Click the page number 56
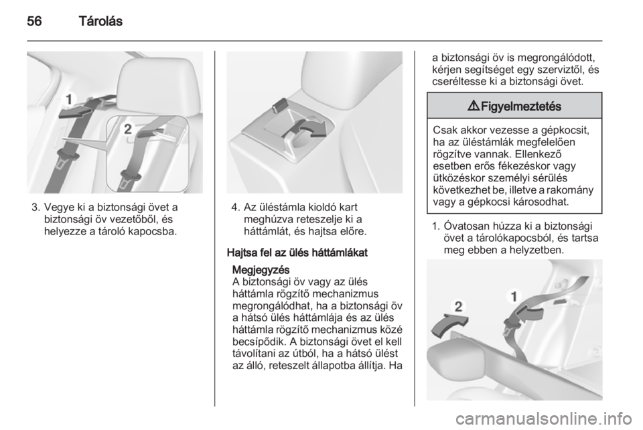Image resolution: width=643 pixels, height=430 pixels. [34, 21]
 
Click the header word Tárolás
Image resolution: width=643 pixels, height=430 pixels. [100, 21]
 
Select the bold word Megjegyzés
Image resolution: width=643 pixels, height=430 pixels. [261, 270]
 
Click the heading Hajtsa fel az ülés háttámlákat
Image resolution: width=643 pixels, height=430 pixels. [297, 253]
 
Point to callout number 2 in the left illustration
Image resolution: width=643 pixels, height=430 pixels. [129, 129]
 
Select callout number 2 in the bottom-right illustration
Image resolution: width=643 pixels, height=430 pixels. [458, 306]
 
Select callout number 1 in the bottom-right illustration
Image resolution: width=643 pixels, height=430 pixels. [514, 295]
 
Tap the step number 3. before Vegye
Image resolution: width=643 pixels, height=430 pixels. [35, 208]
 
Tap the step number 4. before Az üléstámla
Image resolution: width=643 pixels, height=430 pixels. [235, 208]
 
